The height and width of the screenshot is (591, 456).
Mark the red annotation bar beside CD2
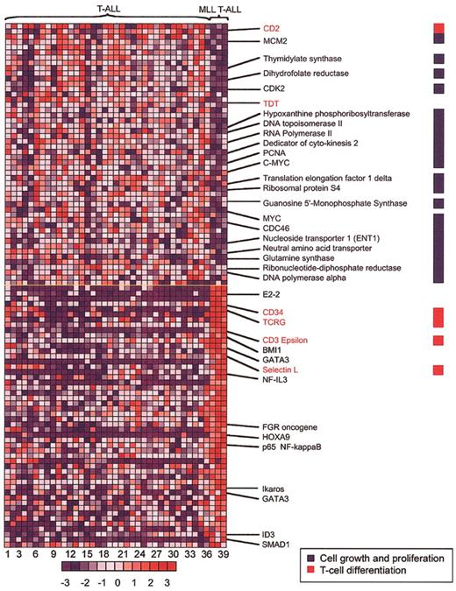click(x=438, y=28)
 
